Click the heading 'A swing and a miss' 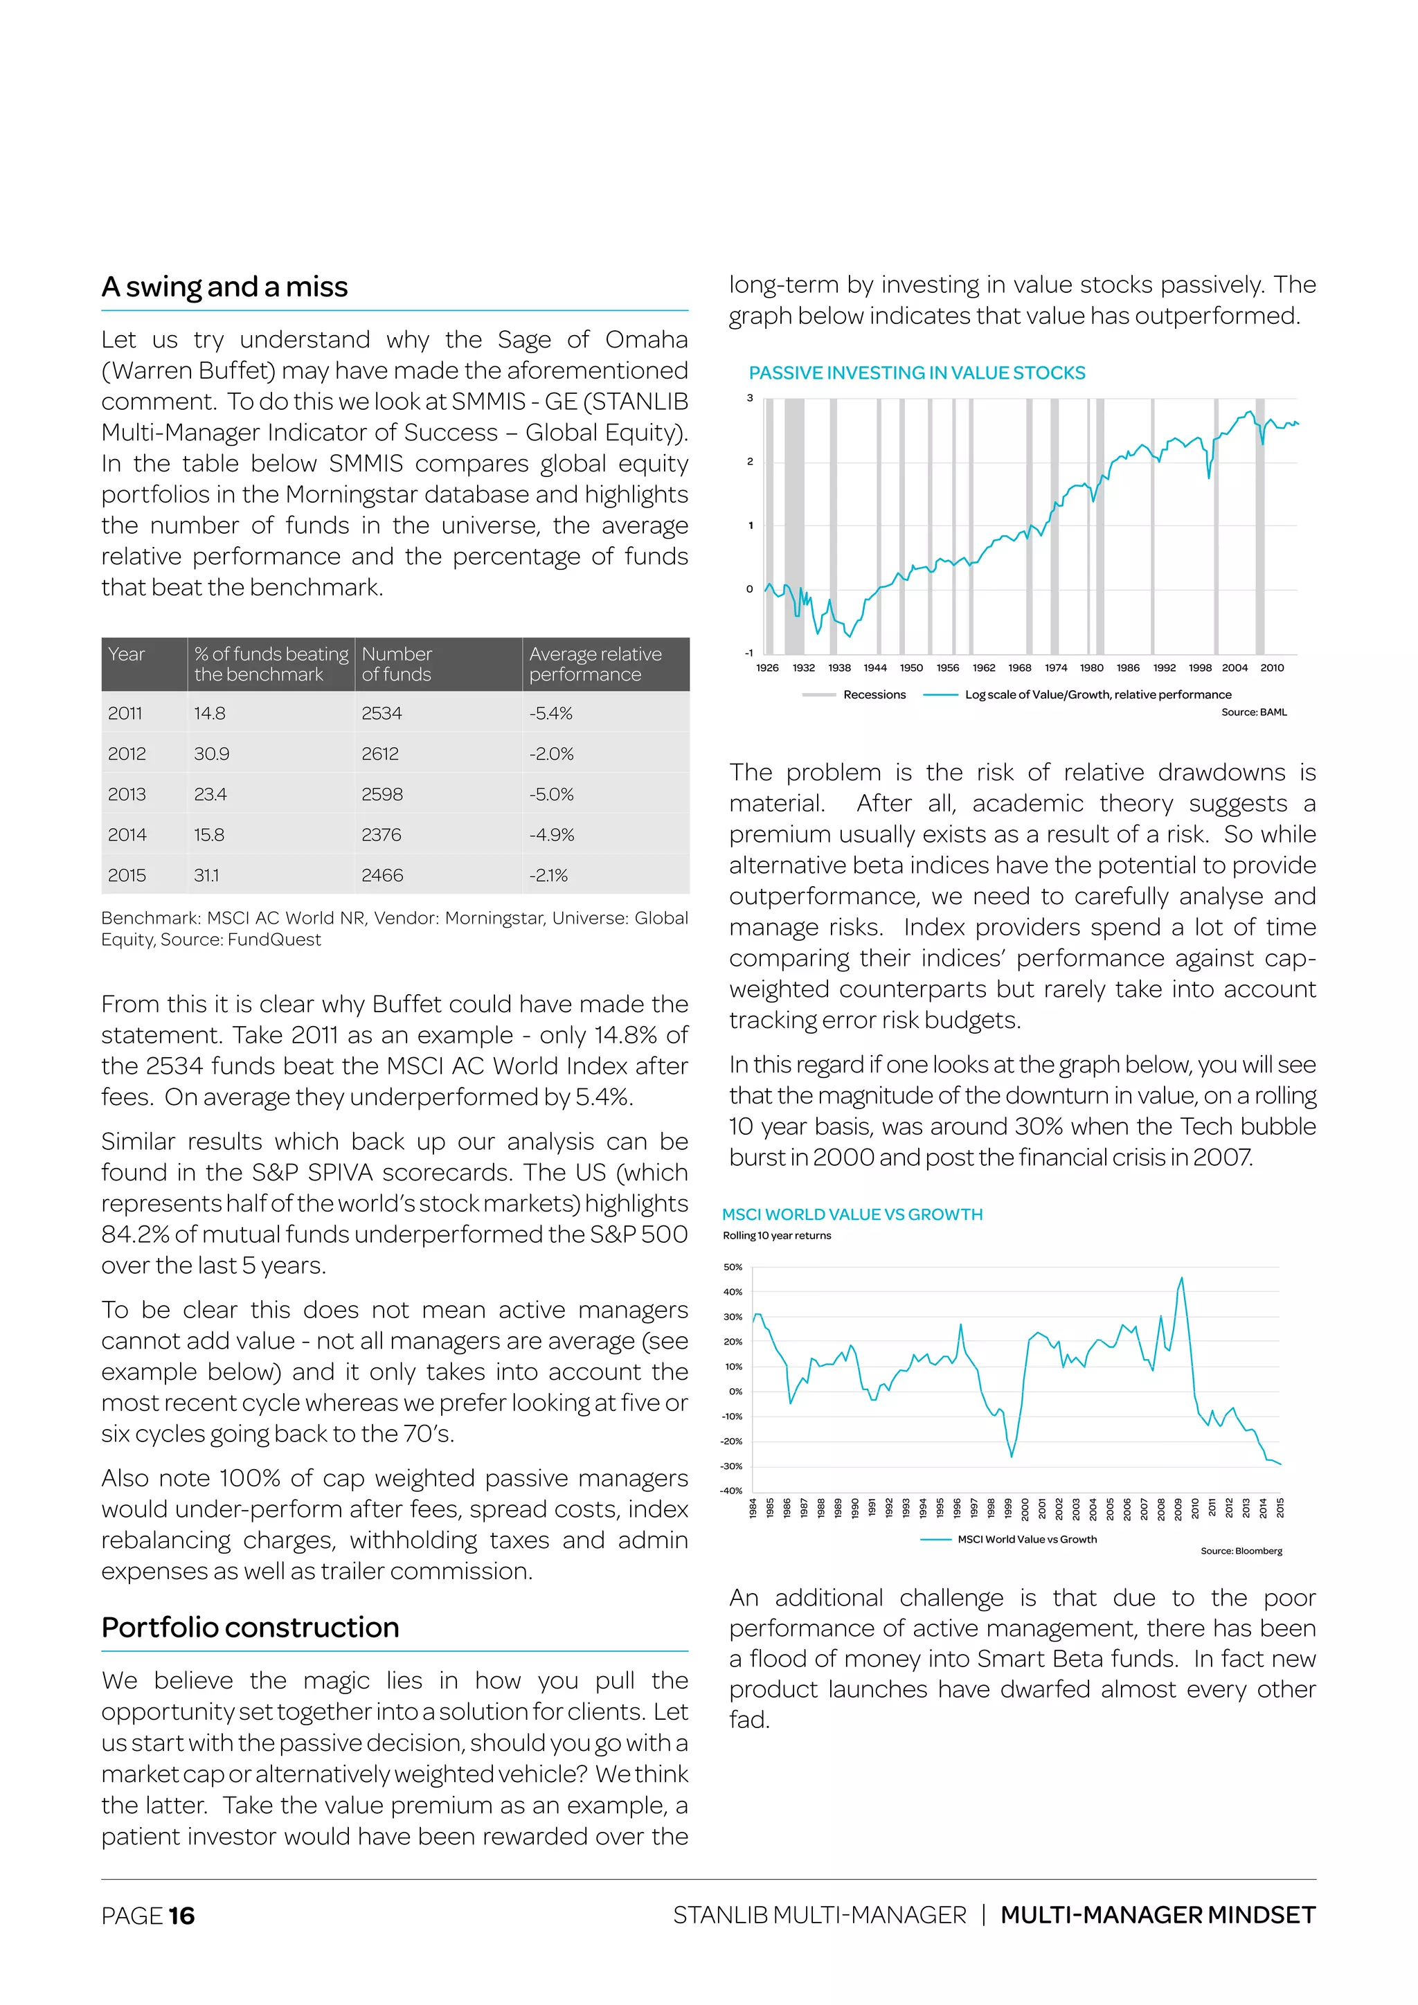pyautogui.click(x=224, y=287)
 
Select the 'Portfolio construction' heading pyautogui.click(x=250, y=1627)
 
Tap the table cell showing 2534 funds pyautogui.click(x=382, y=714)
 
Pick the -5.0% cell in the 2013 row pyautogui.click(x=551, y=795)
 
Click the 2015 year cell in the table pyautogui.click(x=127, y=875)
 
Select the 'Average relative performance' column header pyautogui.click(x=595, y=664)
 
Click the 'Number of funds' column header pyautogui.click(x=397, y=664)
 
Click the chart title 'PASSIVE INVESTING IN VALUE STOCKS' pyautogui.click(x=917, y=373)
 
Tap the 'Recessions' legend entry pyautogui.click(x=874, y=694)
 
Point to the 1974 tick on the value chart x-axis pyautogui.click(x=1056, y=667)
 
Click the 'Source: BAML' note pyautogui.click(x=1254, y=712)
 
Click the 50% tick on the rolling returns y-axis pyautogui.click(x=733, y=1266)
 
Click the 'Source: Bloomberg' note pyautogui.click(x=1241, y=1551)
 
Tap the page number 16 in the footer pyautogui.click(x=181, y=1916)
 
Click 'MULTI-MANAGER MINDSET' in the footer pyautogui.click(x=1158, y=1915)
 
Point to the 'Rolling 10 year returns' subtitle pyautogui.click(x=777, y=1235)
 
